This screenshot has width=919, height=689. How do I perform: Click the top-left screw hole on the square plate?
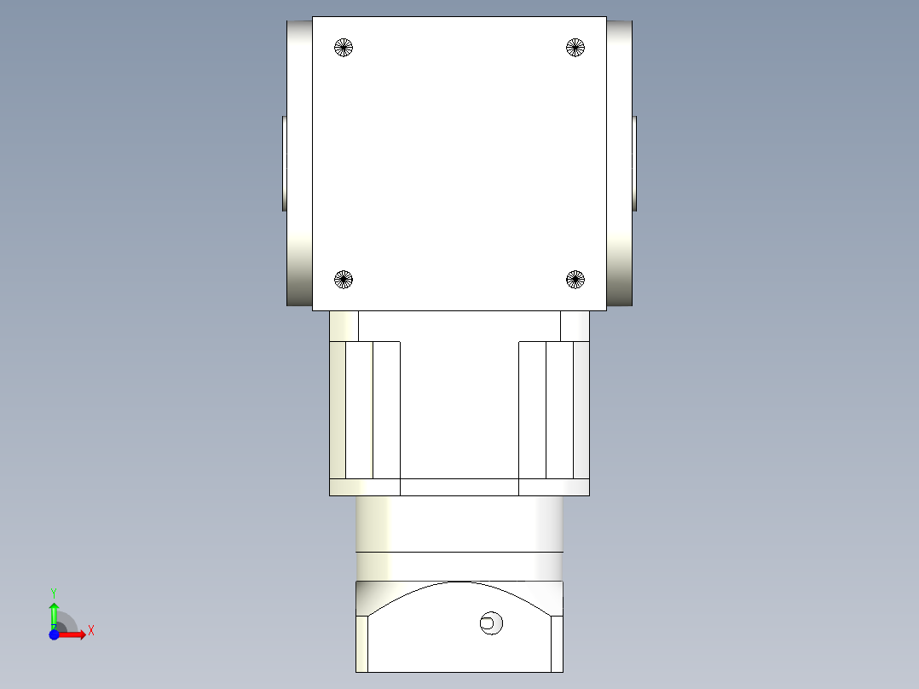point(344,47)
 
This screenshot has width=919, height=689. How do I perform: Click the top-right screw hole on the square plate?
point(575,47)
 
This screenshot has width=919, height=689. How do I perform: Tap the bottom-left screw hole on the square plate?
point(344,279)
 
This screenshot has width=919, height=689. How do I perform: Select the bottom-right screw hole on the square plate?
point(575,279)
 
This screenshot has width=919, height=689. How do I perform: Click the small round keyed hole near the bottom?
point(490,623)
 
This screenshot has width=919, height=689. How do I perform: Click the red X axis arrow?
point(72,634)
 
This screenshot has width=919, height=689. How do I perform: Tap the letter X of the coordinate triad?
point(91,631)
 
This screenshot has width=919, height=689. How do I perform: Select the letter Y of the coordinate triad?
point(54,592)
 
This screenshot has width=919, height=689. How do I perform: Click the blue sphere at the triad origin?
point(54,634)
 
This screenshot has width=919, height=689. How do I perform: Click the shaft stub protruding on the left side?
point(284,163)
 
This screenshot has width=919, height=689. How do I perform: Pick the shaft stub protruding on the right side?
point(634,163)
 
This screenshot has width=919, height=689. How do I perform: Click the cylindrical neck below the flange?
point(459,524)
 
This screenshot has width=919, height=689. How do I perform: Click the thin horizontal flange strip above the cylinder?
point(459,487)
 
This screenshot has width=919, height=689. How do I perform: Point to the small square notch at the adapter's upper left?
point(344,326)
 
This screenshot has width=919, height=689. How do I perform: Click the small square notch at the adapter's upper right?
point(575,326)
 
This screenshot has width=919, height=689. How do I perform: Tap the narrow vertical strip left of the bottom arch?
point(362,644)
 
